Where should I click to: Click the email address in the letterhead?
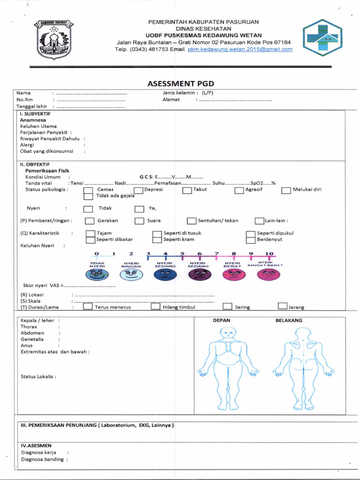240,49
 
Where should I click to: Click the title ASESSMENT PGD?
180,83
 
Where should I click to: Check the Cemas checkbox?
88,190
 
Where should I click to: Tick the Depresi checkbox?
138,190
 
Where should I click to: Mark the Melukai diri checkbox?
286,190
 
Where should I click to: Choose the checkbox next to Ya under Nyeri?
139,209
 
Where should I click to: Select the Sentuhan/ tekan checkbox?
191,221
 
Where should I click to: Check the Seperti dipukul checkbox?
250,233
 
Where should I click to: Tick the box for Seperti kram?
157,240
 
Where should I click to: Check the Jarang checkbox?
282,307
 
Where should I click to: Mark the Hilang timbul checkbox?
156,307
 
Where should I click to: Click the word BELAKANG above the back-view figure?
289,321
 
